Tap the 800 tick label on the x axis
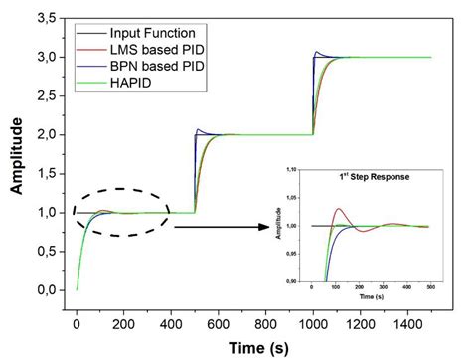(x=265, y=322)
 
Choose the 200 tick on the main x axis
(x=124, y=322)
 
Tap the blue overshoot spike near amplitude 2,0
(x=198, y=129)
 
